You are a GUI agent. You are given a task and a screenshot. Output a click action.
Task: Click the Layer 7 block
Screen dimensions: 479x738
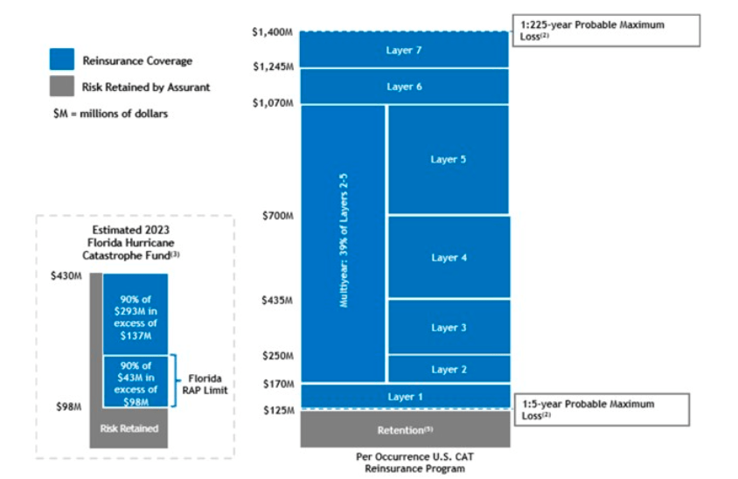pos(404,50)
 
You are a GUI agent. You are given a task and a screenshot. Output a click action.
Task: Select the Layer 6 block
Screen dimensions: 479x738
pos(404,87)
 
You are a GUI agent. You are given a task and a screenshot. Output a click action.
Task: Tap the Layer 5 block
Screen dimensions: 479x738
pos(449,159)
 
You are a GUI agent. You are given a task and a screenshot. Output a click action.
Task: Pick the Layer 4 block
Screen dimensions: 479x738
pos(449,257)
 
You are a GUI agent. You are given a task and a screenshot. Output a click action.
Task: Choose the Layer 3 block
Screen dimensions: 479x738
pos(449,327)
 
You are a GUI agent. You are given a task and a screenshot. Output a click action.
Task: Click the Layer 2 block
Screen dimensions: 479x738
pos(449,369)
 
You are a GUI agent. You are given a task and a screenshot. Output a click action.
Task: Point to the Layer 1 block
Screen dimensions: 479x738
pos(404,396)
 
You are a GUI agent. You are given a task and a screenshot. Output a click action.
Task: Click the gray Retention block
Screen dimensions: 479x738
pos(404,429)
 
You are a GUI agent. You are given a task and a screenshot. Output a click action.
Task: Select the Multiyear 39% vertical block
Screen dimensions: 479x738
pos(344,244)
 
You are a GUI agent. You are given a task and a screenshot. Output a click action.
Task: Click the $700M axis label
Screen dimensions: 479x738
pos(277,215)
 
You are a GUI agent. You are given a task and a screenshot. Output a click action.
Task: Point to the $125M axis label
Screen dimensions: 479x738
pos(277,410)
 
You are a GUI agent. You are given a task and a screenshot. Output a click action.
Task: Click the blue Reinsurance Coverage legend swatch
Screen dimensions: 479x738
pos(61,60)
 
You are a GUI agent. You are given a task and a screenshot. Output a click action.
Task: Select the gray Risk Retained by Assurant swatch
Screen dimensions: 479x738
pos(61,87)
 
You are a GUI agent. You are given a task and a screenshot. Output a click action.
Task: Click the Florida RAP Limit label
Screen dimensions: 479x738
pos(205,385)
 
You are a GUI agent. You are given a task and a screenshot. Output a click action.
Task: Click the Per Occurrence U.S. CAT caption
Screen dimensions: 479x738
pos(404,462)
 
